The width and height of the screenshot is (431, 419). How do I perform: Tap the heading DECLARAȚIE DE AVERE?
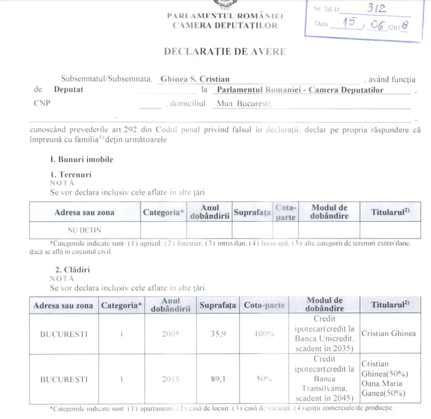(x=225, y=52)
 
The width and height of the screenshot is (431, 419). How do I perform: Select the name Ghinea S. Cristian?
(x=195, y=79)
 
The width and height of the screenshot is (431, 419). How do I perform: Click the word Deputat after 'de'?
(x=68, y=90)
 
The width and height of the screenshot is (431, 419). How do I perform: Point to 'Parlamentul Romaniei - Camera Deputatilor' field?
(x=300, y=90)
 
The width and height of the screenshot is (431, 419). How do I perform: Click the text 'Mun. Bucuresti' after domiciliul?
(x=244, y=104)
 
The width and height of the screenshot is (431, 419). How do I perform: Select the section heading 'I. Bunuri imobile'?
(x=82, y=159)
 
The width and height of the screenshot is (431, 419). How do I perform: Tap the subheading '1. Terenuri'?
(x=71, y=175)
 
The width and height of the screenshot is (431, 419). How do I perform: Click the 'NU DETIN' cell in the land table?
(x=84, y=229)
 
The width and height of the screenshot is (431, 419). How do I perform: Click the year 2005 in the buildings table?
(x=170, y=334)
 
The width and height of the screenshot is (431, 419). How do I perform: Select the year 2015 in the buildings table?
(x=170, y=380)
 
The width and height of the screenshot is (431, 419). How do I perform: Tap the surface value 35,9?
(x=219, y=334)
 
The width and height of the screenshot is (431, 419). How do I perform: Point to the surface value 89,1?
(x=219, y=380)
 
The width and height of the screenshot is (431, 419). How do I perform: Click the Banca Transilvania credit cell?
(x=324, y=379)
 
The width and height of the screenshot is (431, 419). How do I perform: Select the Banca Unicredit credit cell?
(x=324, y=334)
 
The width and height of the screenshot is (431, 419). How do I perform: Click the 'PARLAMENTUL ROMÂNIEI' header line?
(x=225, y=15)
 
